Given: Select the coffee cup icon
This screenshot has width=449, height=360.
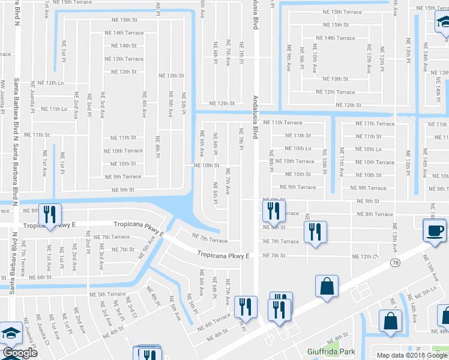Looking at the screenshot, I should click(x=435, y=230).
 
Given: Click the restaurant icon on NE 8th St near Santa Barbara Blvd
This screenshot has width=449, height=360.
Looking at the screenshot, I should click(x=49, y=213).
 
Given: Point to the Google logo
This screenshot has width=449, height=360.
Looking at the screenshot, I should click(x=19, y=353).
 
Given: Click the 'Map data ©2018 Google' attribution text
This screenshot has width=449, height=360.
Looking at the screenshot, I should click(x=412, y=355).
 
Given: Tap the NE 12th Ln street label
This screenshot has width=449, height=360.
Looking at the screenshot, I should click(x=50, y=83).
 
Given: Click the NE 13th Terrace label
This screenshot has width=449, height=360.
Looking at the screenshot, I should click(x=124, y=59).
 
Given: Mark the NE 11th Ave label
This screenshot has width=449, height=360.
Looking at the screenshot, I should click(x=342, y=162).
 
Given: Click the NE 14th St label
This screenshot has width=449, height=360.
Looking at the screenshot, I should click(x=124, y=46).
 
